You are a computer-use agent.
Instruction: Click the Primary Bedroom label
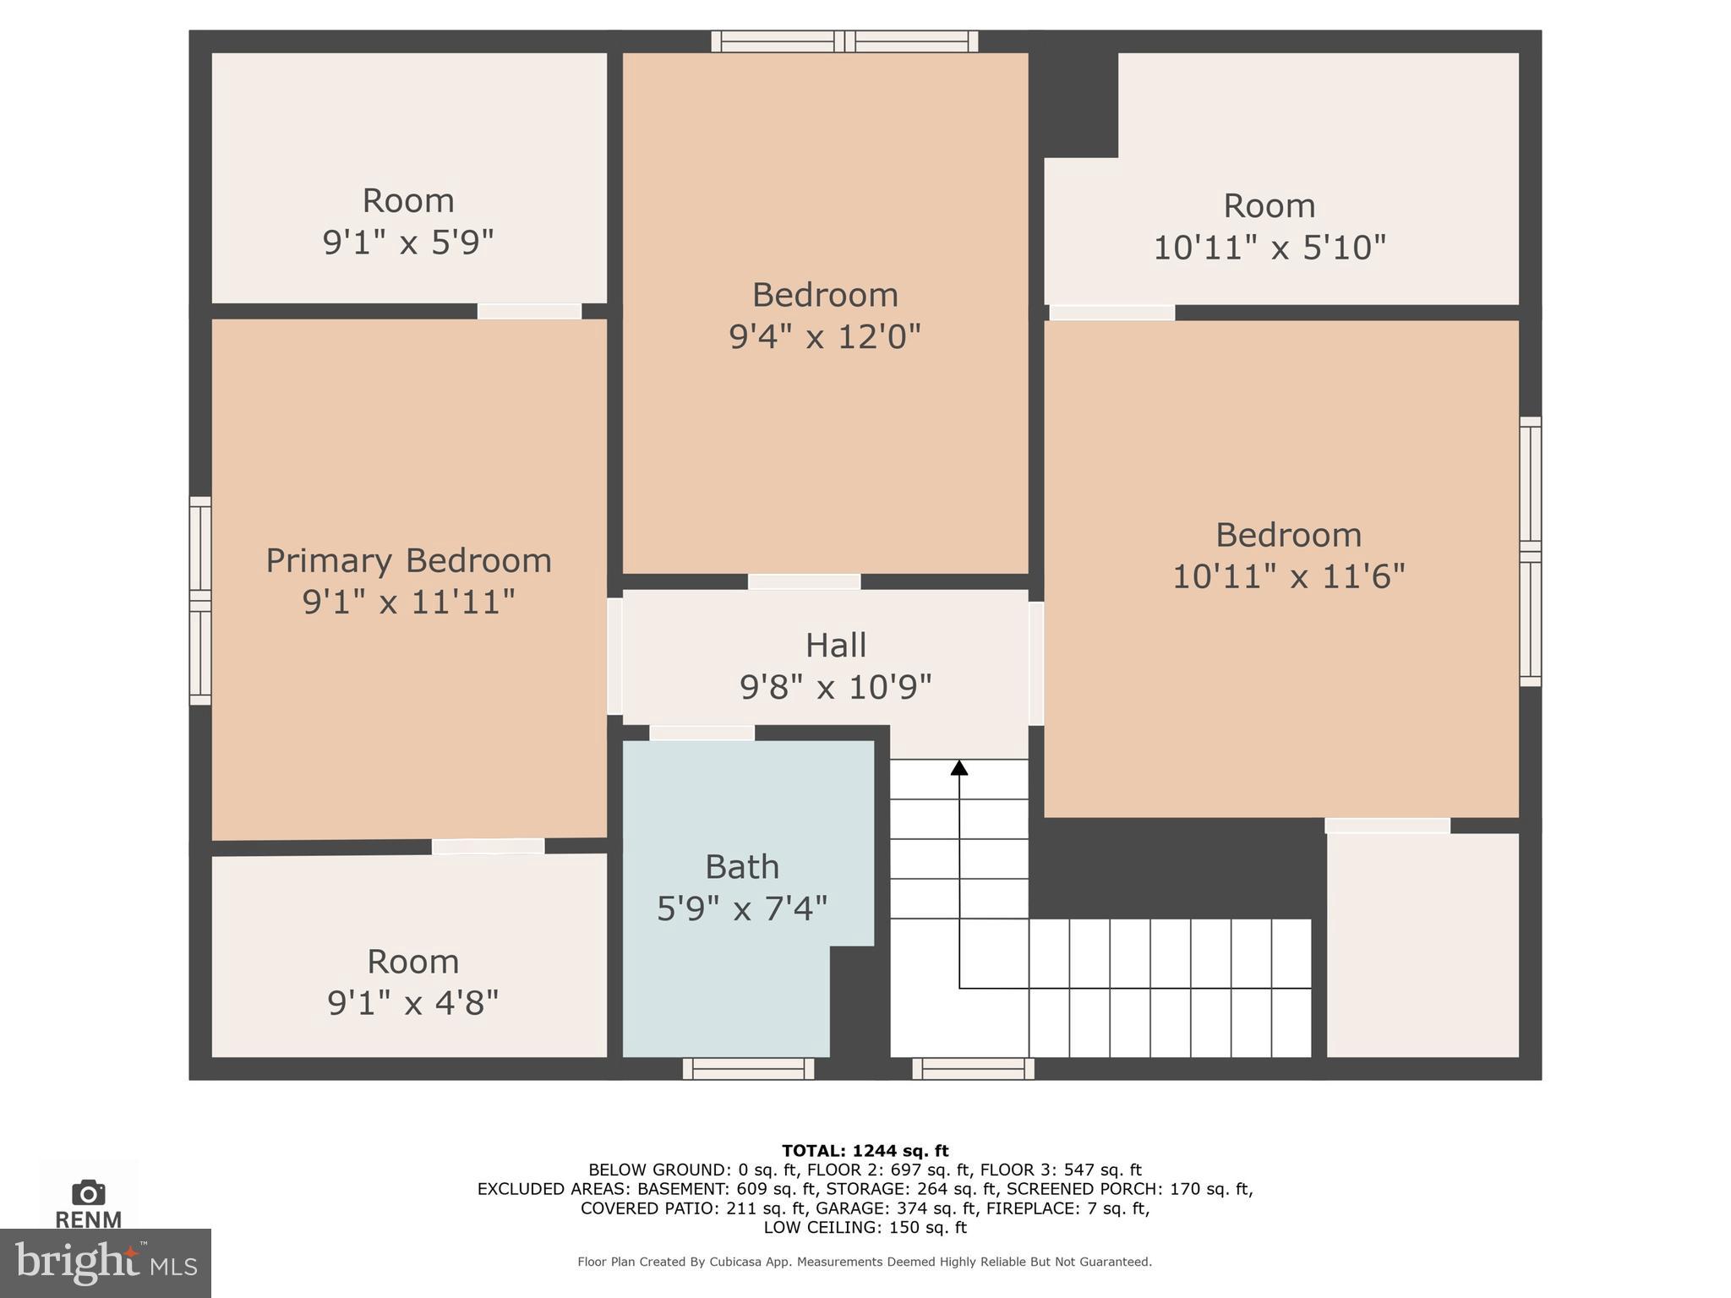point(408,561)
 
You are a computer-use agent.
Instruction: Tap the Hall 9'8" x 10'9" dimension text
point(835,687)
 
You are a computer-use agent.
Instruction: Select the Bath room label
point(741,867)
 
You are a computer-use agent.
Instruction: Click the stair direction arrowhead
point(958,767)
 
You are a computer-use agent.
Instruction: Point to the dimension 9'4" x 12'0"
point(824,336)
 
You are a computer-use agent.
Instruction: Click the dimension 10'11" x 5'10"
point(1269,248)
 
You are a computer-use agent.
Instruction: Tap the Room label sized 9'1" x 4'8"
point(412,962)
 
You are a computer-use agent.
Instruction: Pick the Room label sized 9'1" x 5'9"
point(408,201)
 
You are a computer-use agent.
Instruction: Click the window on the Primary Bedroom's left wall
point(199,601)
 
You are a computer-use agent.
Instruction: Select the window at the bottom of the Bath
point(748,1069)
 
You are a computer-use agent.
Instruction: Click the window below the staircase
point(973,1069)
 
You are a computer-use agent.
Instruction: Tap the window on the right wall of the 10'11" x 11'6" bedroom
point(1530,551)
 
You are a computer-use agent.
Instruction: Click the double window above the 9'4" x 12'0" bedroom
point(844,41)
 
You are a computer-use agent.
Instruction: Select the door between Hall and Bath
point(702,733)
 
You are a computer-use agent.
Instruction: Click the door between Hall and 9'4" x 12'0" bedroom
point(804,581)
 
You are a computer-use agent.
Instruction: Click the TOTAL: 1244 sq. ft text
point(865,1151)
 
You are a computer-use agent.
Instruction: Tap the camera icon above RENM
point(88,1192)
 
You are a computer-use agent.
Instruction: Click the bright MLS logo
point(105,1263)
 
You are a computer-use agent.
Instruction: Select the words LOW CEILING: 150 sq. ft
point(865,1227)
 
